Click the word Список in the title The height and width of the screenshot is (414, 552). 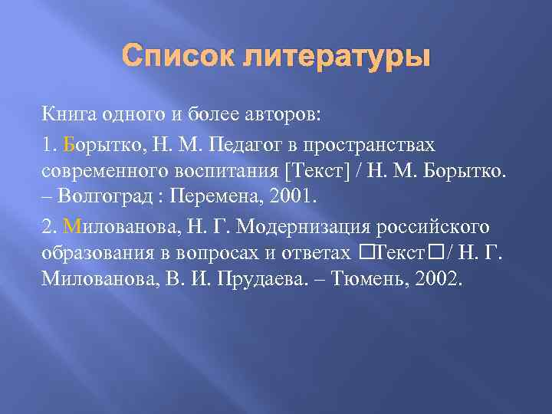[172, 57]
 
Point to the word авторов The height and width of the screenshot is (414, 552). [285, 116]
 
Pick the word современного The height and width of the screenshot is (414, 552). [99, 169]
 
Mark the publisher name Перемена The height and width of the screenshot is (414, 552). [215, 196]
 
